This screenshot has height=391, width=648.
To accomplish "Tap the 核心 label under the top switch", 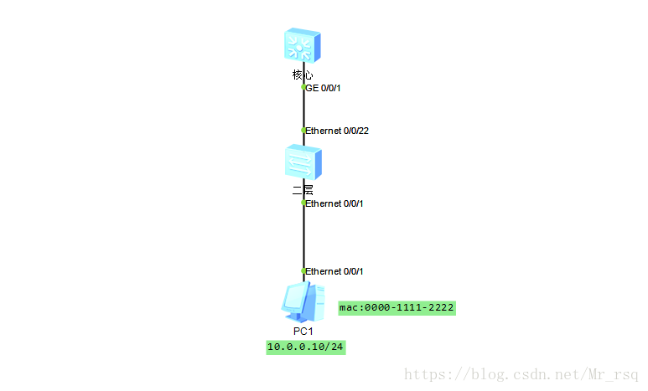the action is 303,75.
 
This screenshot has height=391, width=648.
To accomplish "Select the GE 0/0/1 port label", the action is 325,87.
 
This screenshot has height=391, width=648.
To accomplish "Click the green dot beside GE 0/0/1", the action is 303,86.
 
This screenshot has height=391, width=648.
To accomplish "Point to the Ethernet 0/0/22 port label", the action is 338,131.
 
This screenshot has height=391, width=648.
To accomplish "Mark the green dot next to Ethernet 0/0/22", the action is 303,130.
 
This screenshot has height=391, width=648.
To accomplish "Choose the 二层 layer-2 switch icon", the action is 303,161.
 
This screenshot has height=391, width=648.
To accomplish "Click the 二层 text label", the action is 303,190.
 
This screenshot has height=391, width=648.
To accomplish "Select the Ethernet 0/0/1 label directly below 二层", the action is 334,203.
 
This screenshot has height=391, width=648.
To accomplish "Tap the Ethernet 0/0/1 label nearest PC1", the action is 334,271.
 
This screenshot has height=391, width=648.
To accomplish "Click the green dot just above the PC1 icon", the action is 303,270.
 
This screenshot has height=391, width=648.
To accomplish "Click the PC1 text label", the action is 303,332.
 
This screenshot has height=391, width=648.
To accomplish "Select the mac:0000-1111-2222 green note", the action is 397,308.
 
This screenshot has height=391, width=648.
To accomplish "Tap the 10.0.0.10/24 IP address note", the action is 305,347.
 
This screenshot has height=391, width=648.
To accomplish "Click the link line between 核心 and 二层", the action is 303,109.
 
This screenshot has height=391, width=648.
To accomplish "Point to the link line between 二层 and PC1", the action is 303,238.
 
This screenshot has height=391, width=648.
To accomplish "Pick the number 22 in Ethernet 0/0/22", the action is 365,131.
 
